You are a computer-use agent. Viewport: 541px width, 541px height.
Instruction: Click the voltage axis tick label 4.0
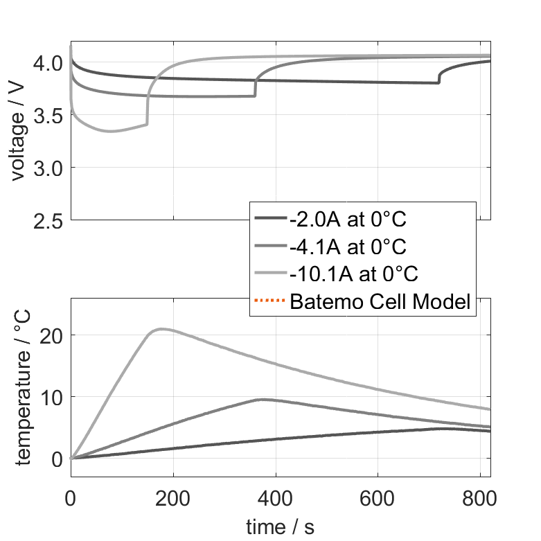point(48,63)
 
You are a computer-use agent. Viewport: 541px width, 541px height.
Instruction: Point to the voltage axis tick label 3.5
point(48,116)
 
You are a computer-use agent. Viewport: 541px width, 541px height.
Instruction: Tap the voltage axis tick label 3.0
point(48,168)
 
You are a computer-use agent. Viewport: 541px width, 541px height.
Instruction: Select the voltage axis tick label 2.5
point(48,220)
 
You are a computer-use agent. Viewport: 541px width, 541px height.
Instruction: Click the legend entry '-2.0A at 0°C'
point(347,220)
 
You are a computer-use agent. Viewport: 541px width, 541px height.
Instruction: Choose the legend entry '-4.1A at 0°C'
point(347,247)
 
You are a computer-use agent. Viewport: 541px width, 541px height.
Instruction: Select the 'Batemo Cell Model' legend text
point(381,302)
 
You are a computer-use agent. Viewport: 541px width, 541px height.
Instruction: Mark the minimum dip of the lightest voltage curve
point(109,132)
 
